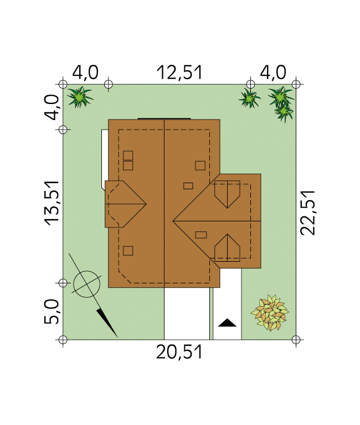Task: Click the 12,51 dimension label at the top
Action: [179, 72]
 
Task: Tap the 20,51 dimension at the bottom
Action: [179, 352]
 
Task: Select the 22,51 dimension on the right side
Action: [308, 212]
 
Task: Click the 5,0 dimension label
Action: [52, 312]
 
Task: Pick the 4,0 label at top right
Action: [273, 72]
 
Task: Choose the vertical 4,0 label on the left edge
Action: [52, 107]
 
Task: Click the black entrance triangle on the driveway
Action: [227, 323]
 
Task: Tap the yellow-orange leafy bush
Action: [270, 313]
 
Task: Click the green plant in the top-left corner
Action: [80, 97]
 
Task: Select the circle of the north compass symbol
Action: [87, 284]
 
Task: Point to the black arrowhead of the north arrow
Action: [107, 323]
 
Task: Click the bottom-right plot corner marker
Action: [296, 340]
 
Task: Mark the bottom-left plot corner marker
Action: [63, 340]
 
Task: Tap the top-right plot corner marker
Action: [296, 84]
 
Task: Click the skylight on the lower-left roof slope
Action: [128, 251]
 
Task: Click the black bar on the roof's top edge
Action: [164, 119]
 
